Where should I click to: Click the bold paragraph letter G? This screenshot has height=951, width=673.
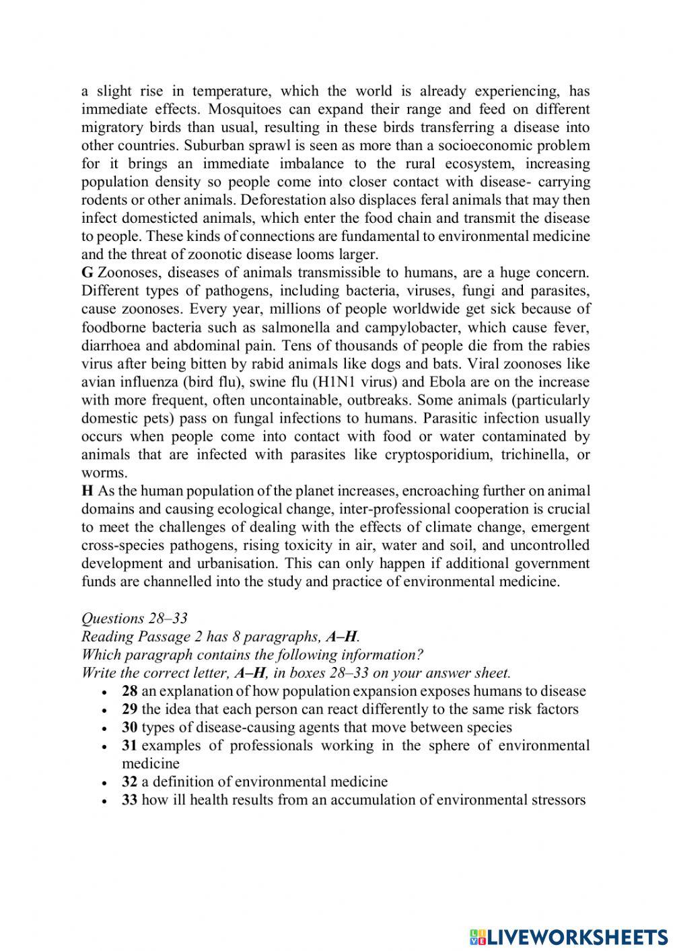[x=87, y=273]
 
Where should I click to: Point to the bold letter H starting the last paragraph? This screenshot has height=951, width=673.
[x=87, y=491]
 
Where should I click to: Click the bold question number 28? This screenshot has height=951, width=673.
[x=130, y=691]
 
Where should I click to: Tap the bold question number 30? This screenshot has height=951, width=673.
[x=130, y=728]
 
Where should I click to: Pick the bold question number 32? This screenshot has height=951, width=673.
[x=130, y=782]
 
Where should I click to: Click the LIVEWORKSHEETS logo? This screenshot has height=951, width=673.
[x=569, y=936]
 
